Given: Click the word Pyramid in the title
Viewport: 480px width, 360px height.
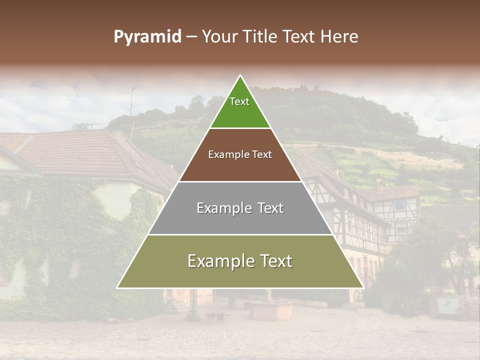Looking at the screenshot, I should tap(147, 37).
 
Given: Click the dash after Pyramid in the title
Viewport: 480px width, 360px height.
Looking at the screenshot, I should tap(191, 37).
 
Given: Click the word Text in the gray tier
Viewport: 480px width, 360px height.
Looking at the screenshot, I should tap(270, 208).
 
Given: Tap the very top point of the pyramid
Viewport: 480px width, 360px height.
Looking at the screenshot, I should tap(240, 76).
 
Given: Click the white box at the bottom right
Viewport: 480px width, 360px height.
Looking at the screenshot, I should tap(447, 305).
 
